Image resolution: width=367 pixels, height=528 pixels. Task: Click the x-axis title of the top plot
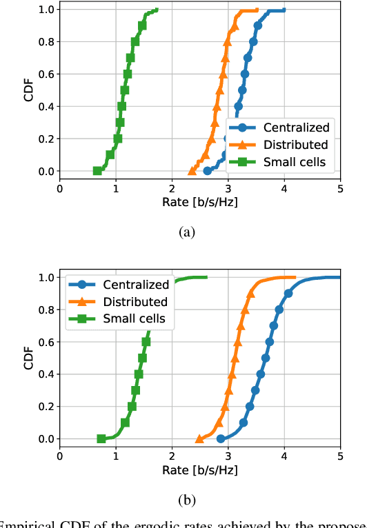[199, 202]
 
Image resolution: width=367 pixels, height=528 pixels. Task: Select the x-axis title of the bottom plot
[199, 470]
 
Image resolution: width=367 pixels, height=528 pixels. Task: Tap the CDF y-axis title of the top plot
[28, 90]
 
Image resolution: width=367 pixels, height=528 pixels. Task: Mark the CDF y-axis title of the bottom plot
[28, 358]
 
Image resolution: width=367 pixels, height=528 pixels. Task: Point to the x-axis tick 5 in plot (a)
[340, 187]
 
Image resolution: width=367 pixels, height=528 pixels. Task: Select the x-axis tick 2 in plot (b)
[172, 455]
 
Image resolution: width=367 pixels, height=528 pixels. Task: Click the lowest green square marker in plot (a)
[97, 171]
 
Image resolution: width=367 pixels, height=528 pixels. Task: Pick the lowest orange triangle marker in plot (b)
[199, 438]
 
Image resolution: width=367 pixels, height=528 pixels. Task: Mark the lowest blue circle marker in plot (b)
[221, 438]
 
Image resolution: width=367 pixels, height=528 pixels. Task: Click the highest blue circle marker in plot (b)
[288, 294]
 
